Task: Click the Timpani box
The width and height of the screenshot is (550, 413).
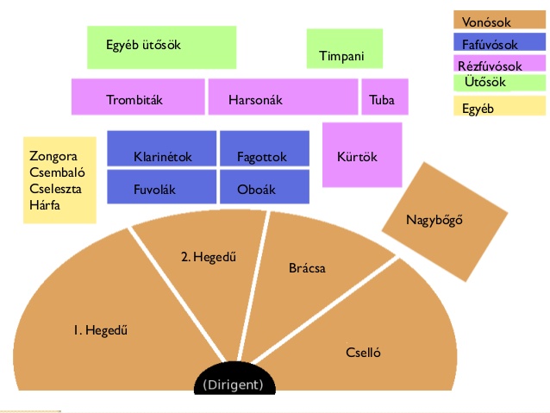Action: (x=345, y=48)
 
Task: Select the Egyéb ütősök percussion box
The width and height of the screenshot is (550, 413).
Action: (x=162, y=47)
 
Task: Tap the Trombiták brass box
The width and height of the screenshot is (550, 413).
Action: (x=138, y=97)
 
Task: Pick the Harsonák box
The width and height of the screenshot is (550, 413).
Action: (x=283, y=97)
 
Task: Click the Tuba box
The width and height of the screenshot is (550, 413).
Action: (x=384, y=97)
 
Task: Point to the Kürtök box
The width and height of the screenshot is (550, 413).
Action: (x=362, y=154)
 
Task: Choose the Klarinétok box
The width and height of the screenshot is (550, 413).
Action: (x=162, y=148)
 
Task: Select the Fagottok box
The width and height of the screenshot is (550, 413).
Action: (x=265, y=148)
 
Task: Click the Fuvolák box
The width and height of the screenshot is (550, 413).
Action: (x=162, y=187)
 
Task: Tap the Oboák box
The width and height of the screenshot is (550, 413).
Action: (x=265, y=187)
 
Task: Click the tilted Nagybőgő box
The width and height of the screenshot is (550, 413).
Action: (x=445, y=222)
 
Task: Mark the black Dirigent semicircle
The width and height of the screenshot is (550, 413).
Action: (x=234, y=379)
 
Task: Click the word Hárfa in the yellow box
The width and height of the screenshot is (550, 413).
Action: (x=45, y=205)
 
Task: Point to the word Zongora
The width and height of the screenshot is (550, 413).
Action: (x=53, y=156)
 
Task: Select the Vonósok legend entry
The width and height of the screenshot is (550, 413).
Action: (x=499, y=20)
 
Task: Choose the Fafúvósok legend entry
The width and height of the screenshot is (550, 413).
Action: (x=499, y=42)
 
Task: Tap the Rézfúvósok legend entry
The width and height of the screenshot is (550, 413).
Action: (x=499, y=64)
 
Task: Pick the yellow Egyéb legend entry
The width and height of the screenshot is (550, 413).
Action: (x=499, y=105)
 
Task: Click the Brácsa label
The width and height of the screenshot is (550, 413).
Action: (x=307, y=268)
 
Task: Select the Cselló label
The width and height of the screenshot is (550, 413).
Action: (x=363, y=353)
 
